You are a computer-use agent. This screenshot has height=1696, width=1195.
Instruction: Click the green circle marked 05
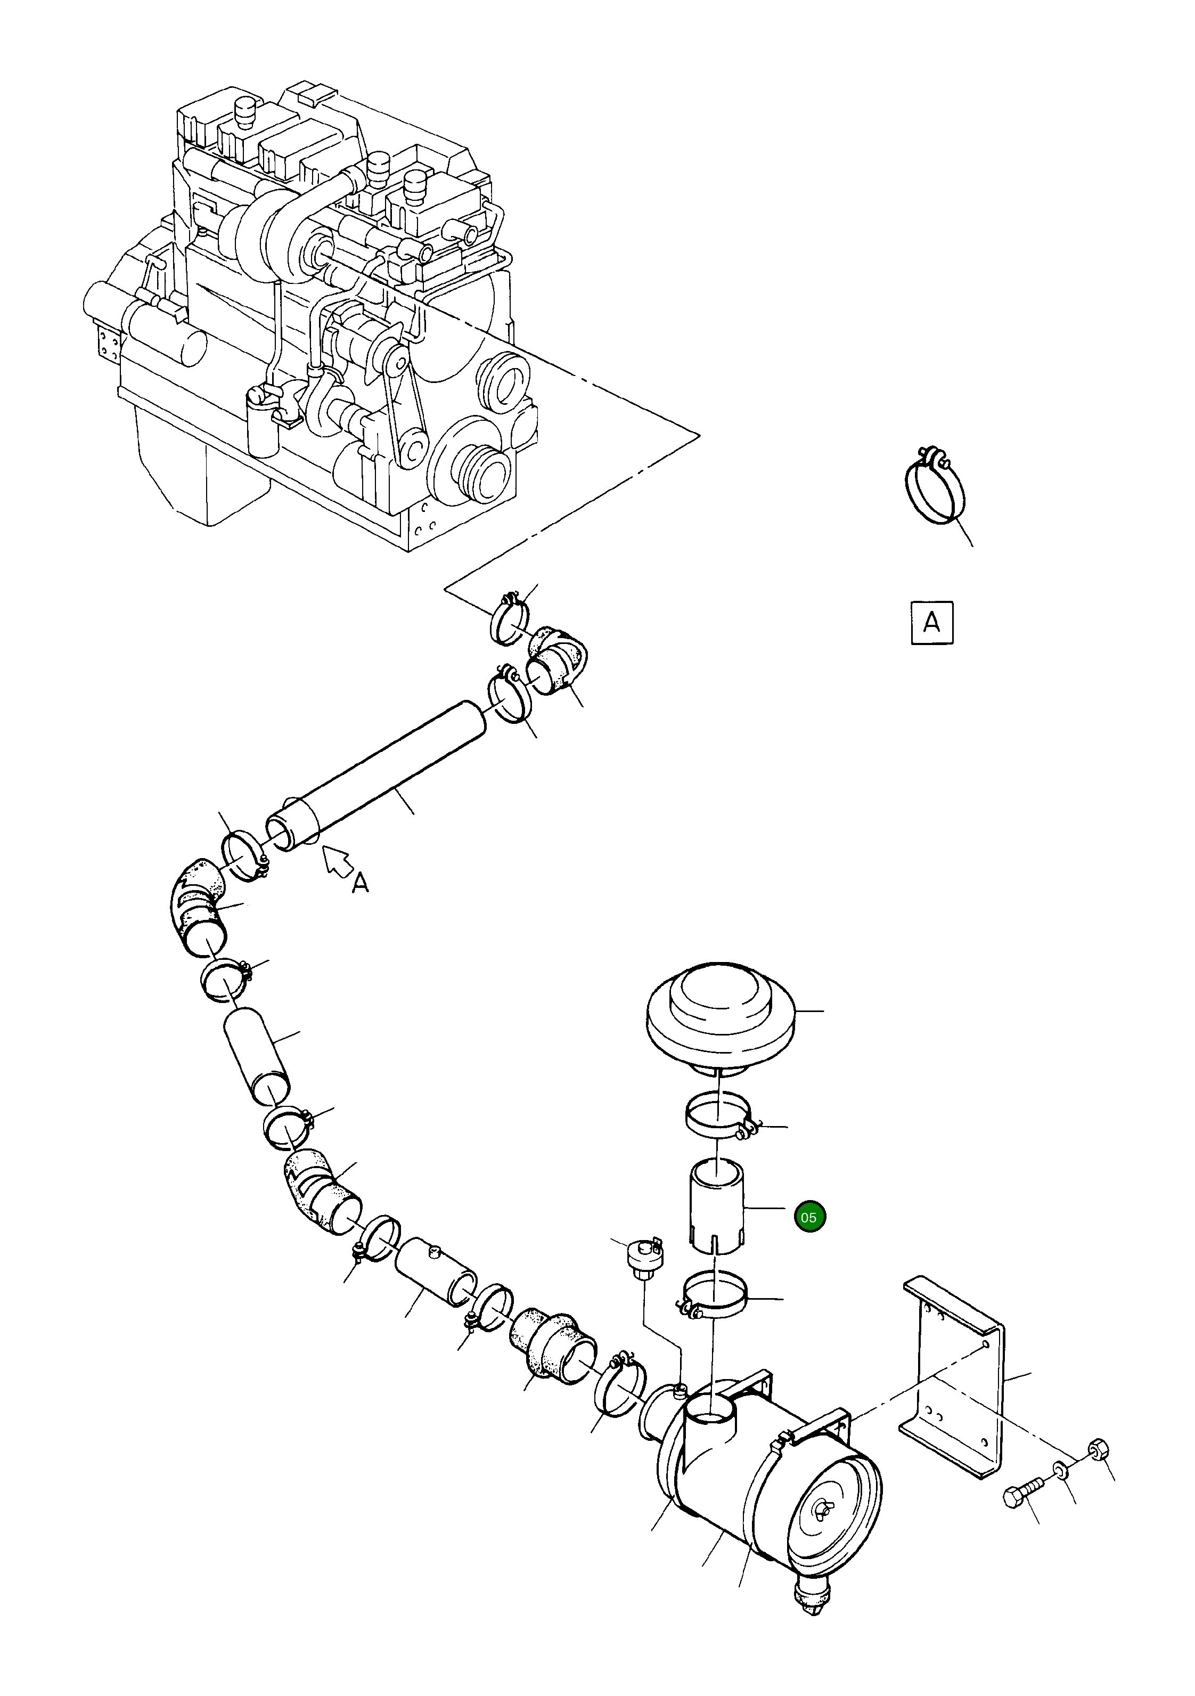[x=809, y=1217]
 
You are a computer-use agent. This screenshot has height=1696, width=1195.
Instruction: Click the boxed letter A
[x=932, y=623]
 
